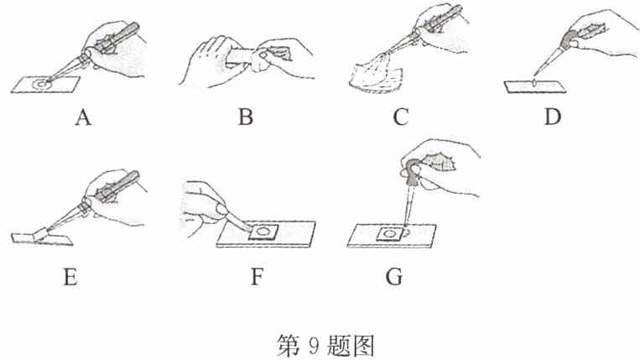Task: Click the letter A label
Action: point(83,117)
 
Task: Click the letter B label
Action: point(245,117)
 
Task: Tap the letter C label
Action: point(400,117)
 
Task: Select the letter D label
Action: point(553,117)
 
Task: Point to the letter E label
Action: point(70,277)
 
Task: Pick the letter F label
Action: point(257,277)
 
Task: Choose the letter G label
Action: point(394,277)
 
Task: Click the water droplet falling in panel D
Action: point(534,83)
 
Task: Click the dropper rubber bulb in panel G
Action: point(414,171)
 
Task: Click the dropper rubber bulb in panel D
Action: point(569,38)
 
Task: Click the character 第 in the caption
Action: point(289,346)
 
